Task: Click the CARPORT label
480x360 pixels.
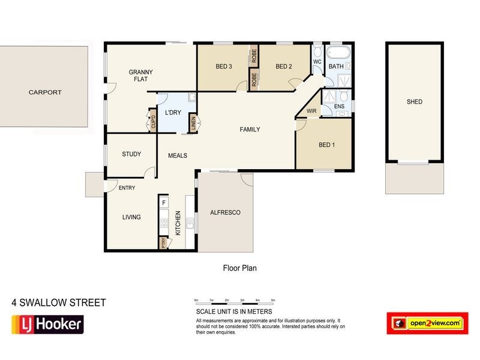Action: tap(45, 93)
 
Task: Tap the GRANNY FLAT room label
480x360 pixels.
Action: tap(140, 76)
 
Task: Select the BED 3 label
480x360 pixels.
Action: tap(224, 67)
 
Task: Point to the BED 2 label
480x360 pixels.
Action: tap(283, 67)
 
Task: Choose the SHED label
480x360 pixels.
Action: tap(414, 102)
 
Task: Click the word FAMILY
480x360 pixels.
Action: tap(250, 130)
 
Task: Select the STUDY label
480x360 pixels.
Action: tap(131, 154)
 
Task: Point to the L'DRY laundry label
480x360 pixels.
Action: tap(173, 113)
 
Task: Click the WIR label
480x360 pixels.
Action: tap(311, 111)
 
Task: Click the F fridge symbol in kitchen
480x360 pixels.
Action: tap(164, 203)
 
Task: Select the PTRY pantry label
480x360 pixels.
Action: tap(163, 243)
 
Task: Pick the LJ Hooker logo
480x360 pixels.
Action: tap(47, 325)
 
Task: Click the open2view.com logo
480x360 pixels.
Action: tap(427, 323)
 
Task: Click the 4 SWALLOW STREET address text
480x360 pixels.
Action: tap(59, 303)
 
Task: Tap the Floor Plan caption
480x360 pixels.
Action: tap(239, 268)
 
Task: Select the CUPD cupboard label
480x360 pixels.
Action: tap(153, 122)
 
